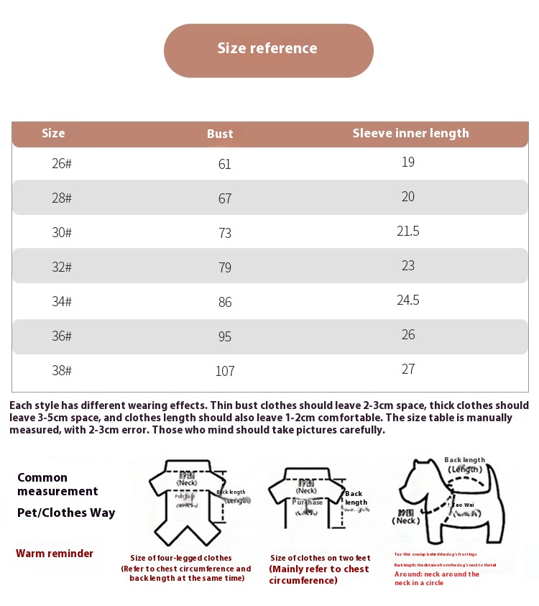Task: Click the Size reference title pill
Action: (x=268, y=50)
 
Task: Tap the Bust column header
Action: (x=220, y=134)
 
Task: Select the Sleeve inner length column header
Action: (x=410, y=133)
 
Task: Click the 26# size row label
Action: (x=62, y=163)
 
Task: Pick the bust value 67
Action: (x=225, y=198)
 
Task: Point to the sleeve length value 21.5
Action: (x=408, y=231)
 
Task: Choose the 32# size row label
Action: (x=62, y=267)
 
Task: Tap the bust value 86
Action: (x=225, y=303)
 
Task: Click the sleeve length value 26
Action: (x=408, y=334)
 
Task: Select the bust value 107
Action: (x=225, y=372)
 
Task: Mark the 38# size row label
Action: (x=62, y=370)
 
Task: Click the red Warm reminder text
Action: (x=55, y=554)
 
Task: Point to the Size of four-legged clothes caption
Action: (x=181, y=558)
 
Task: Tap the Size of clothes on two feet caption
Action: (x=321, y=558)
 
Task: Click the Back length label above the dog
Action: (x=464, y=460)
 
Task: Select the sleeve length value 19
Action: (x=408, y=162)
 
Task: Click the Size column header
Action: (x=53, y=133)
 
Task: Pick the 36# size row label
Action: (x=62, y=336)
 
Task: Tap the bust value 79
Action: (x=225, y=267)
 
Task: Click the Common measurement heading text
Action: (x=57, y=484)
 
